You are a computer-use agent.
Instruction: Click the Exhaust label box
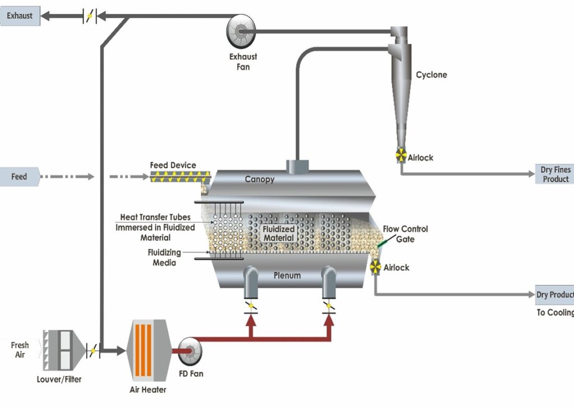pyautogui.click(x=20, y=16)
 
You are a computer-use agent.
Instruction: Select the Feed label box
pyautogui.click(x=20, y=177)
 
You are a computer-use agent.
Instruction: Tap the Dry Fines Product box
pyautogui.click(x=555, y=175)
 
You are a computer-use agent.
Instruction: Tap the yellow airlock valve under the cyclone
pyautogui.click(x=401, y=155)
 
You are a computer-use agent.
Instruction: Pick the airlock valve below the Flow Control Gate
pyautogui.click(x=375, y=268)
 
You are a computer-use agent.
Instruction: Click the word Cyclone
pyautogui.click(x=431, y=75)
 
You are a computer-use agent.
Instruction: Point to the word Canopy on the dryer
pyautogui.click(x=260, y=180)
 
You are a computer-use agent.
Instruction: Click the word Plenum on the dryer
pyautogui.click(x=287, y=276)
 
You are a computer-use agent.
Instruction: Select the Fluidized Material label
pyautogui.click(x=279, y=233)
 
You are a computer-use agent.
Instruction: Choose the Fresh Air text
pyautogui.click(x=20, y=350)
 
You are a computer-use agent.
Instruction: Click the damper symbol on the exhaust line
pyautogui.click(x=90, y=17)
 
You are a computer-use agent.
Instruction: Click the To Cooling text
pyautogui.click(x=555, y=313)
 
